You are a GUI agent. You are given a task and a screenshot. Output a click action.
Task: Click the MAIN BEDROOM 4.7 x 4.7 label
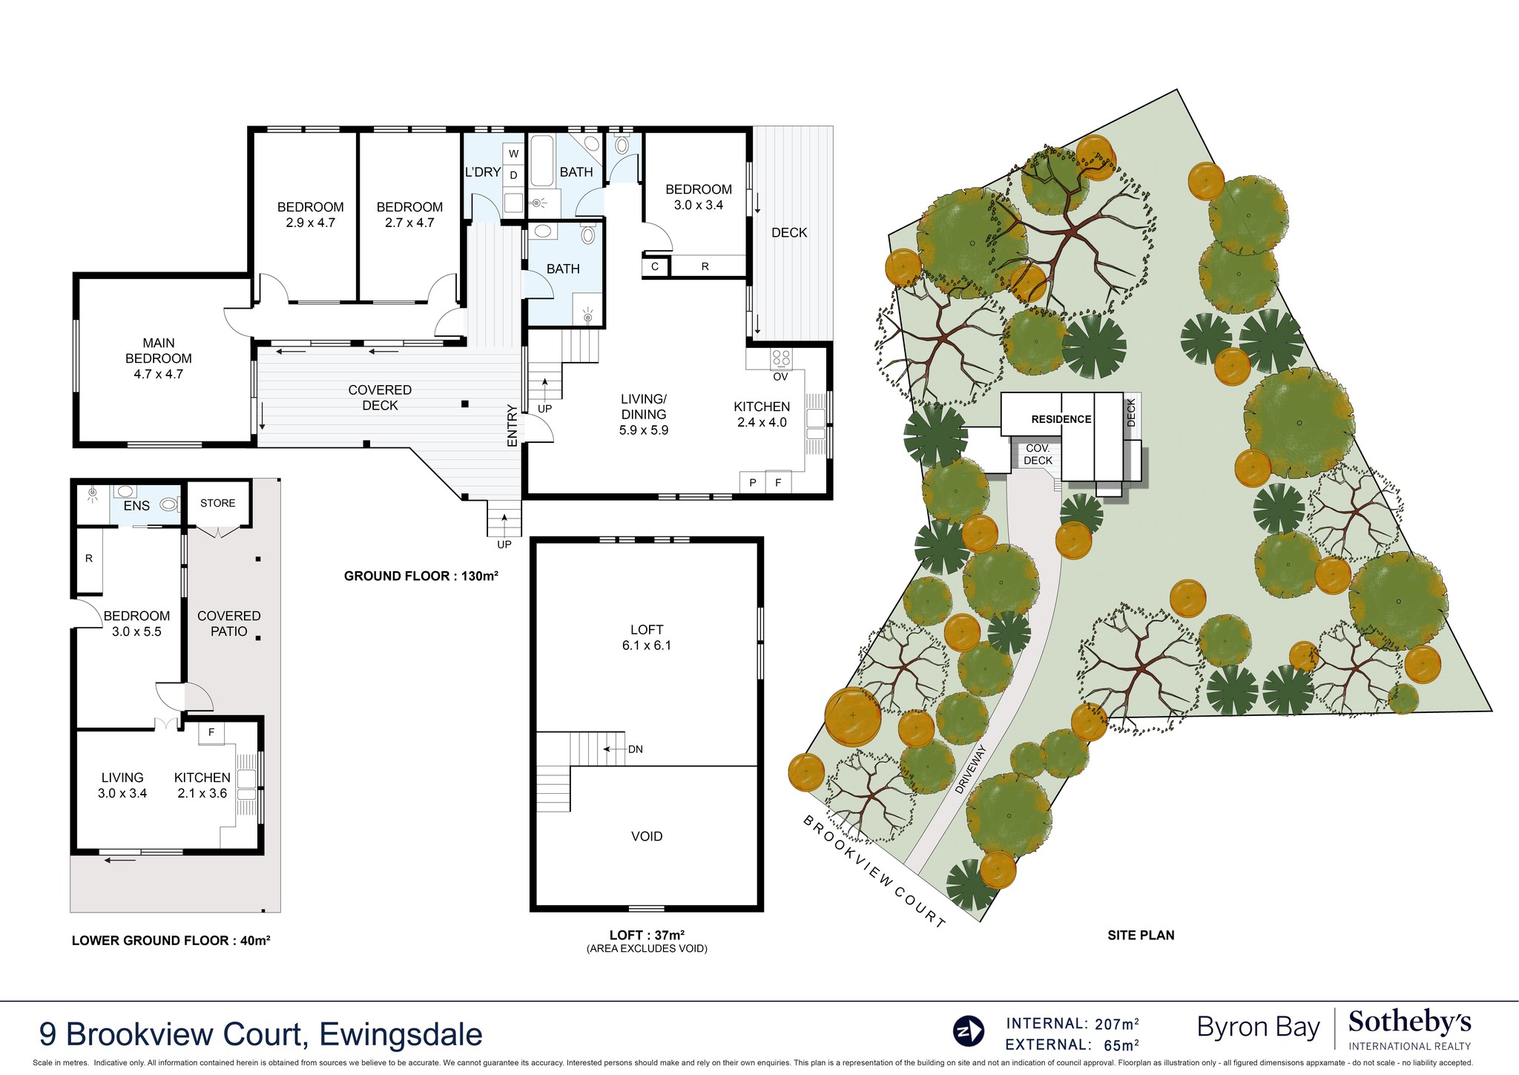[159, 358]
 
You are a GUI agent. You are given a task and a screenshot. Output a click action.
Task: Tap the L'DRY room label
[482, 172]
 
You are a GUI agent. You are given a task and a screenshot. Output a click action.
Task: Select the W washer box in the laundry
[513, 154]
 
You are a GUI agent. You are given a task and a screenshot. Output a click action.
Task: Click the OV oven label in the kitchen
[780, 377]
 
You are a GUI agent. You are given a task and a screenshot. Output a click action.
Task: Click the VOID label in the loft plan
[646, 836]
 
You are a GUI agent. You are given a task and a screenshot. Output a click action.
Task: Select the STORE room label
[217, 503]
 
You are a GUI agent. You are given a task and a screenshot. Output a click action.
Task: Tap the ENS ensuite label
[136, 506]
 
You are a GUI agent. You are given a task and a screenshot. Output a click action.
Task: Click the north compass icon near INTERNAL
[968, 1031]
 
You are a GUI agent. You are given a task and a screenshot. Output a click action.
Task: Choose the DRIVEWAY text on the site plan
[972, 769]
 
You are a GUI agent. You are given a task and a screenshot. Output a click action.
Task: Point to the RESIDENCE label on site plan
[1061, 419]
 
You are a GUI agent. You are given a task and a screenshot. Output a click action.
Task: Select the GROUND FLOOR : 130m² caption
[421, 576]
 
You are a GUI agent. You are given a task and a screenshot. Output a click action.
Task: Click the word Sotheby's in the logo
[1409, 1023]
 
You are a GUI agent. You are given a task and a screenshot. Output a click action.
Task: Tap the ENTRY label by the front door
[512, 425]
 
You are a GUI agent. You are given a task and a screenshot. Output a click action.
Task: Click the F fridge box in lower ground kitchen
[211, 733]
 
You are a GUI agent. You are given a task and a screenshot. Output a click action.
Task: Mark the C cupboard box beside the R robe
[655, 266]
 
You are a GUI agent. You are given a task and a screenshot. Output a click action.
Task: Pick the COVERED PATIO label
[228, 623]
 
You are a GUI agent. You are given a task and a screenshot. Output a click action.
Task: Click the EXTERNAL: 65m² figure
[1072, 1045]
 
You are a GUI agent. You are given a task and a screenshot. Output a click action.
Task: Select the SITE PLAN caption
[1140, 936]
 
